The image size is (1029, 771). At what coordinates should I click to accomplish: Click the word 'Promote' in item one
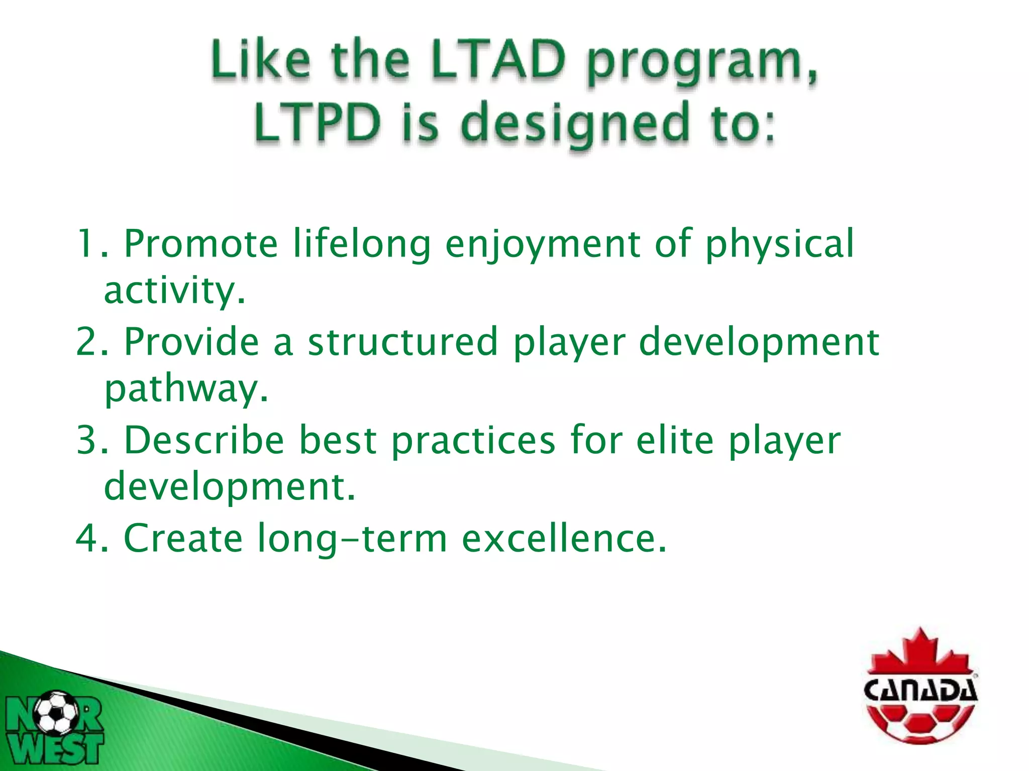[200, 244]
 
